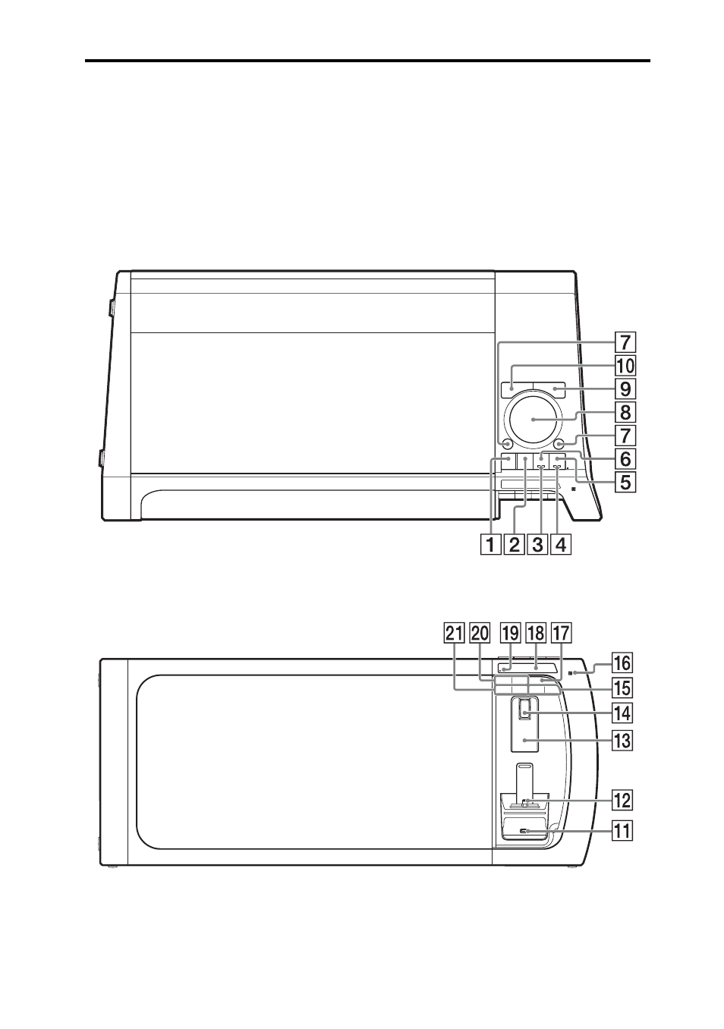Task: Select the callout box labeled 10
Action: (x=625, y=366)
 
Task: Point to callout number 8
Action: (x=625, y=412)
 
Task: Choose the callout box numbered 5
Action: (x=625, y=482)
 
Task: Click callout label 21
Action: (x=454, y=634)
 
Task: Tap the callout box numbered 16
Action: (x=622, y=662)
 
